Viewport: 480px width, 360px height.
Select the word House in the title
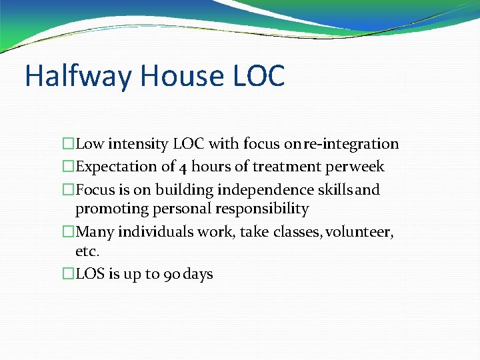tap(182, 76)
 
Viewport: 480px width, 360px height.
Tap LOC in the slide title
tap(259, 76)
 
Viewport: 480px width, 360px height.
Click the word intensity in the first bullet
tap(138, 144)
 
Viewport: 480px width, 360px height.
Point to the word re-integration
tap(351, 144)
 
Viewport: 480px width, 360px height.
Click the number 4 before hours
tap(183, 167)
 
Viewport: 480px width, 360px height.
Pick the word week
tap(367, 167)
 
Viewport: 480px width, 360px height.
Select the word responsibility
tap(262, 209)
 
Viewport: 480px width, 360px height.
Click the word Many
tap(95, 232)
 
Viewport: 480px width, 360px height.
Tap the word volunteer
tap(359, 232)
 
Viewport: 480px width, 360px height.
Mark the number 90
tap(171, 274)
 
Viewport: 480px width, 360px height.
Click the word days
tap(198, 274)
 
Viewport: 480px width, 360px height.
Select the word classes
tap(277, 232)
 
